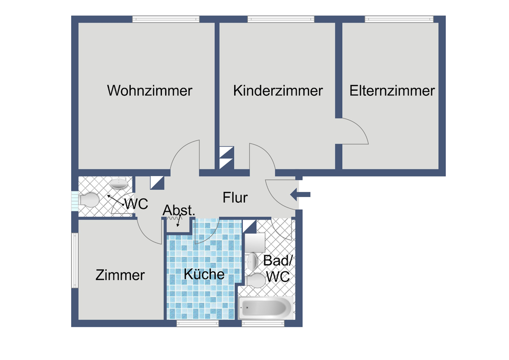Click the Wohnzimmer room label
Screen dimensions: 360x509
(150, 91)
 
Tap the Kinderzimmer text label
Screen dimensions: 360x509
(278, 91)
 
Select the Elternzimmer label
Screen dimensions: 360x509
(392, 91)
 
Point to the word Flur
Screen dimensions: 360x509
(235, 197)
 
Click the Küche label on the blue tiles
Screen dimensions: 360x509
(204, 274)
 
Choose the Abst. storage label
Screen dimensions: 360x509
(178, 210)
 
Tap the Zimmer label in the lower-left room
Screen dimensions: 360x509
(120, 275)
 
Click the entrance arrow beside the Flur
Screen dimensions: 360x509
(300, 194)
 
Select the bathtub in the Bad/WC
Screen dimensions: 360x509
(265, 308)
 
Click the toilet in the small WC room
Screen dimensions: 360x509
(89, 200)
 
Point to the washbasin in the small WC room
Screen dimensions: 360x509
(119, 183)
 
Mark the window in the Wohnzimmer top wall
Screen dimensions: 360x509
(166, 19)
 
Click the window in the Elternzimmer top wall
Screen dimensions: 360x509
(399, 19)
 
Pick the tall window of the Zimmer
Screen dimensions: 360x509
(75, 260)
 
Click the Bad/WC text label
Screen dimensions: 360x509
(277, 269)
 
